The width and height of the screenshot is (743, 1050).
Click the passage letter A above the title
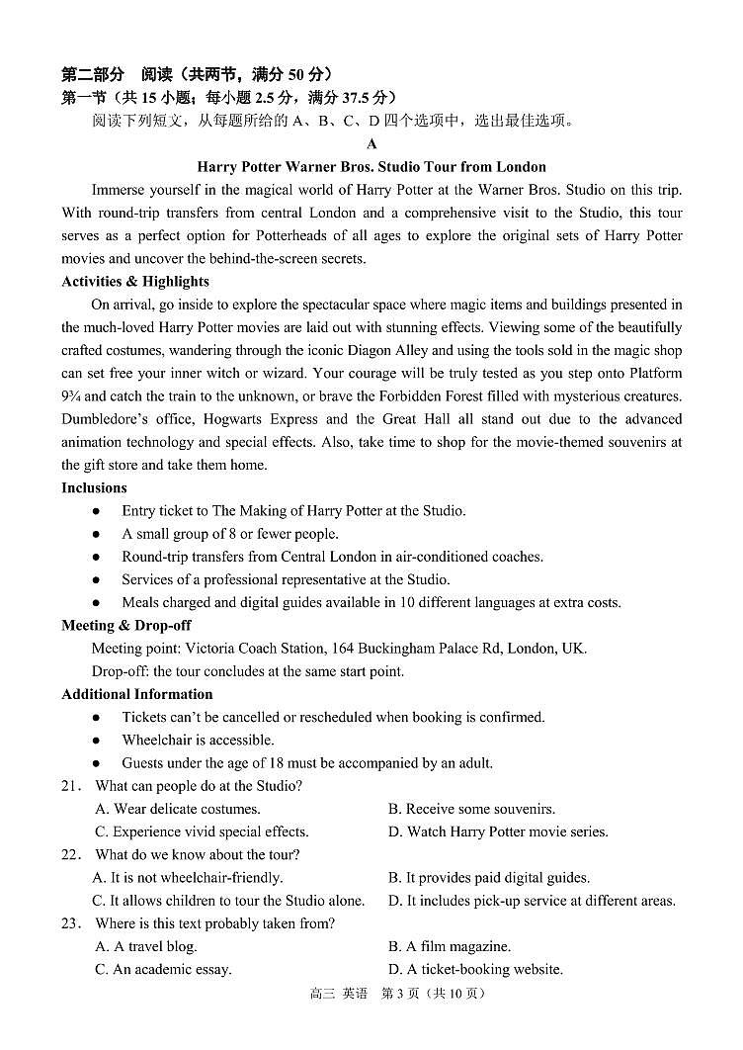click(x=371, y=144)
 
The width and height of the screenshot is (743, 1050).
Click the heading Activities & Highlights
click(x=135, y=282)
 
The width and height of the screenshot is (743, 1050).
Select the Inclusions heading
click(x=94, y=487)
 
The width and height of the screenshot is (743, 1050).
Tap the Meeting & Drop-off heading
click(x=126, y=625)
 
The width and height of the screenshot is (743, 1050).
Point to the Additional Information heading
click(x=137, y=694)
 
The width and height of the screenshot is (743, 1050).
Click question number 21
click(x=70, y=786)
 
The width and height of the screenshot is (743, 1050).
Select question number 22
click(x=70, y=854)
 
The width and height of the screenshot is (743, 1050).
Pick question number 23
click(x=70, y=923)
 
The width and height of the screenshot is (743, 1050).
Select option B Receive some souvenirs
click(x=471, y=809)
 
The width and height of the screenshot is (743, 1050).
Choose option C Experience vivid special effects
click(x=202, y=831)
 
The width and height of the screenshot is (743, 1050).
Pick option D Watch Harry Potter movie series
click(x=498, y=831)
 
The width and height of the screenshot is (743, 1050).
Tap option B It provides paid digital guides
click(x=489, y=877)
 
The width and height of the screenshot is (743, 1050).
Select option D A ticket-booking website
click(x=475, y=969)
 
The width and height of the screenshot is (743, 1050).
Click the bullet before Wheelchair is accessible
click(x=96, y=740)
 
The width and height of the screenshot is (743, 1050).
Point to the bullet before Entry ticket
click(x=96, y=511)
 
